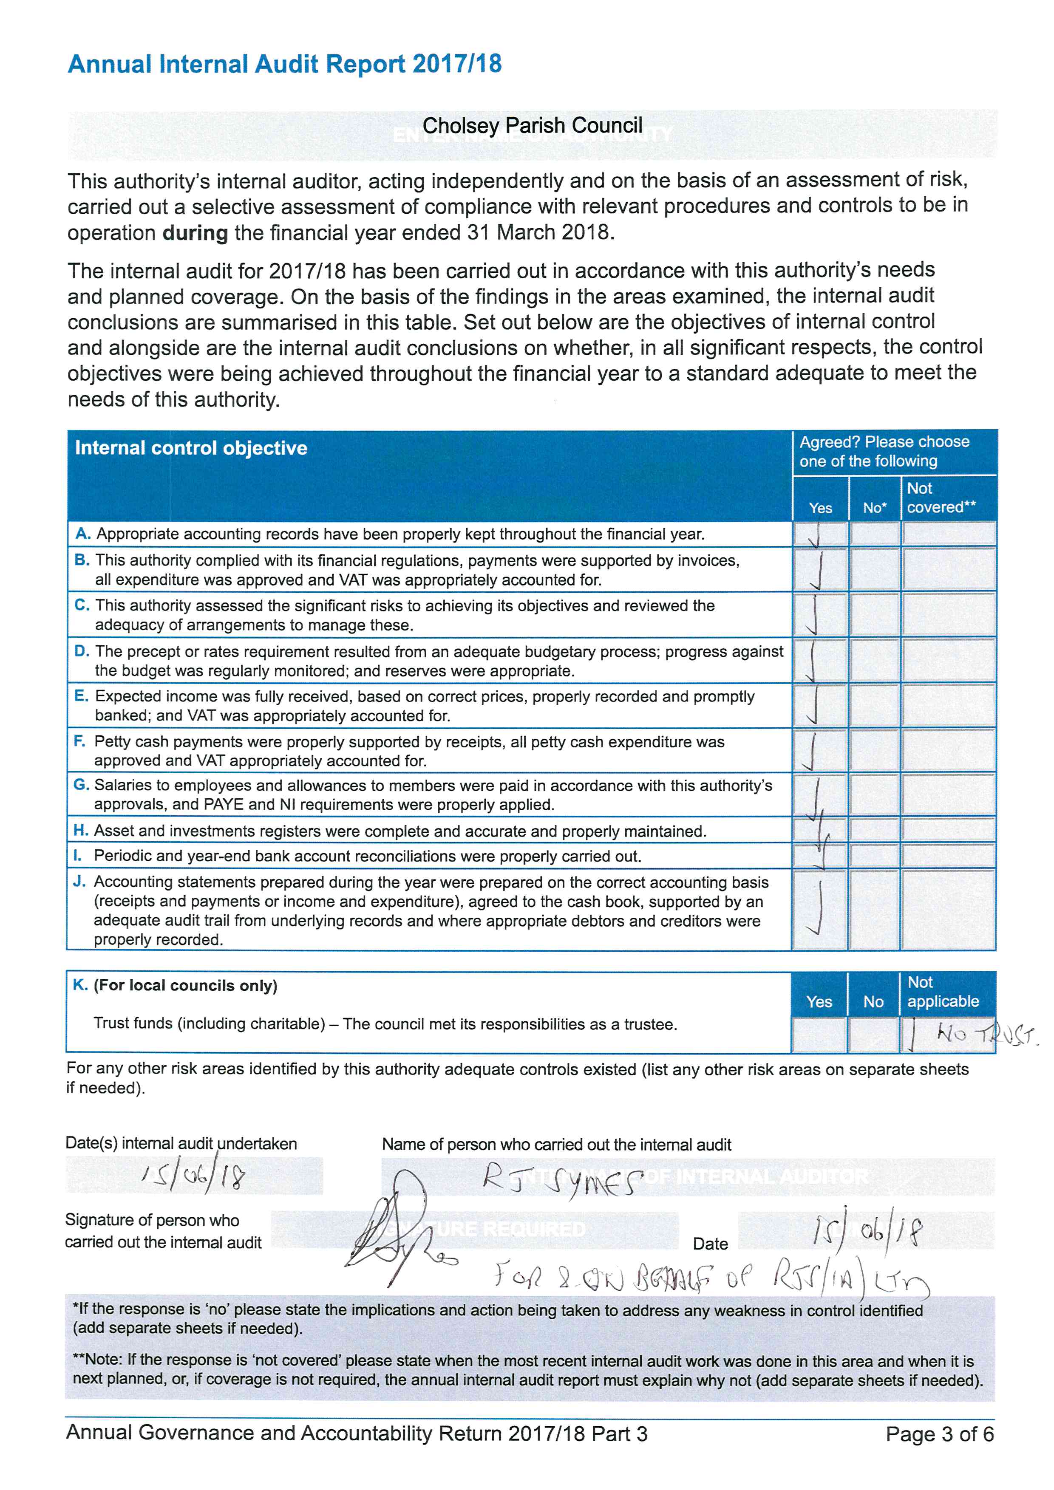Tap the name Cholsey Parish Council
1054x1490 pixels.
click(x=532, y=125)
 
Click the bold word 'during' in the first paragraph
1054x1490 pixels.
click(x=195, y=232)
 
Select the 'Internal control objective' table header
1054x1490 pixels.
click(x=191, y=448)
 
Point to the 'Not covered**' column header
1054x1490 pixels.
click(x=941, y=498)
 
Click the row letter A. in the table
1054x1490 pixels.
click(x=82, y=534)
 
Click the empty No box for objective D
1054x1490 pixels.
click(x=874, y=660)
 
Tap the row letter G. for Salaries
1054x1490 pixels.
click(x=81, y=785)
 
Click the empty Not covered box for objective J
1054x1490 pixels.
click(x=948, y=909)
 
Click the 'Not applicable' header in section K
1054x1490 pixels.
click(x=942, y=992)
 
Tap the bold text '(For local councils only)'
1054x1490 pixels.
click(x=186, y=985)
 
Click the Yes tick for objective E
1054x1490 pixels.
click(x=813, y=705)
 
